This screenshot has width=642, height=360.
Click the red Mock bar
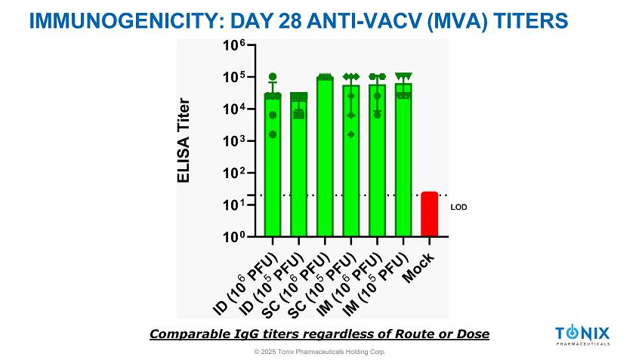[429, 214]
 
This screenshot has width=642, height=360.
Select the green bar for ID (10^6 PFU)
[273, 166]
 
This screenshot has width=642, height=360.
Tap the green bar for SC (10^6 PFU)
[325, 158]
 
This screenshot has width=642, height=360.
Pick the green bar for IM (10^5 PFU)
[403, 162]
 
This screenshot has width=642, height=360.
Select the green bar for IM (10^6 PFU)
[377, 162]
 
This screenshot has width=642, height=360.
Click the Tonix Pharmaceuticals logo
[582, 336]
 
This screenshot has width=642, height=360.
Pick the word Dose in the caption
[473, 334]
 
